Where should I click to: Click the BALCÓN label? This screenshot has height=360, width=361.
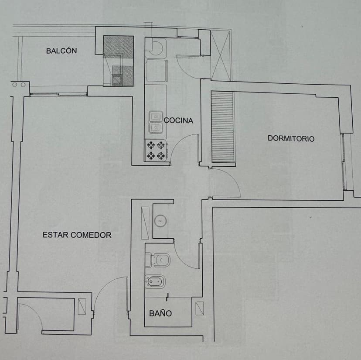tap(61, 51)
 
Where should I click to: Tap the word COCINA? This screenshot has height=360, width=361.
tap(178, 120)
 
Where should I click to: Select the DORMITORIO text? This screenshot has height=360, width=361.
tap(291, 139)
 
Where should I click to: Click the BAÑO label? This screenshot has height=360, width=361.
tap(160, 313)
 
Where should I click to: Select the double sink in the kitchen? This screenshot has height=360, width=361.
tap(156, 122)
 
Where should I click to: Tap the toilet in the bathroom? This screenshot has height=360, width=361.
tap(158, 261)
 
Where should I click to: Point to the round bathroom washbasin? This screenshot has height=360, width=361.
tap(161, 221)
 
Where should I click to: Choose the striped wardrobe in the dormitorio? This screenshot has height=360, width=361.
tap(223, 127)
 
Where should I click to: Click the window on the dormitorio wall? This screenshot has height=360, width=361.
tap(345, 161)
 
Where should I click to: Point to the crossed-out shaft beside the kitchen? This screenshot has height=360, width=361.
tap(220, 55)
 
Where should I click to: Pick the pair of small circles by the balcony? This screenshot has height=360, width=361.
tap(18, 85)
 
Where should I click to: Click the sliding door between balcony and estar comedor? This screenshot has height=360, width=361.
tap(58, 93)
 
